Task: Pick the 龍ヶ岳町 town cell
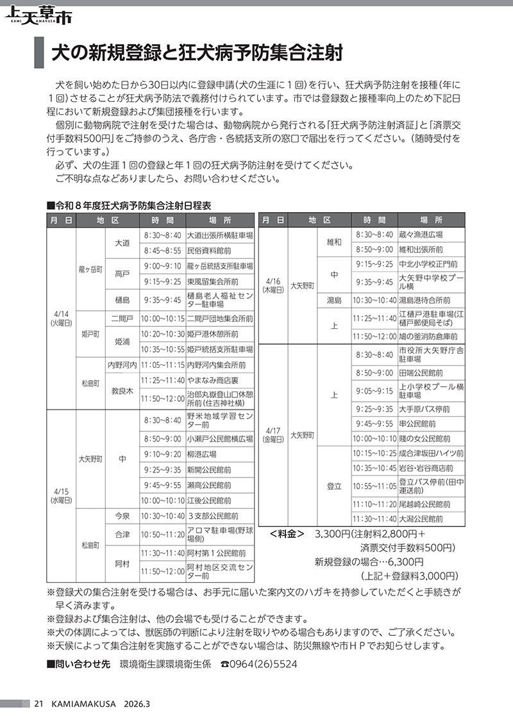(x=90, y=269)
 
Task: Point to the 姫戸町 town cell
(x=90, y=334)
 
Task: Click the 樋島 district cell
(x=122, y=299)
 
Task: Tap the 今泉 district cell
(x=122, y=515)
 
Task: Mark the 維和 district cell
(x=334, y=242)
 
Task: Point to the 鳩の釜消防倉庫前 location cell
(x=428, y=336)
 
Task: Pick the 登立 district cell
(x=334, y=486)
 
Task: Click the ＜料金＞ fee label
(x=287, y=533)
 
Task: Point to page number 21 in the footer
(x=38, y=704)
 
